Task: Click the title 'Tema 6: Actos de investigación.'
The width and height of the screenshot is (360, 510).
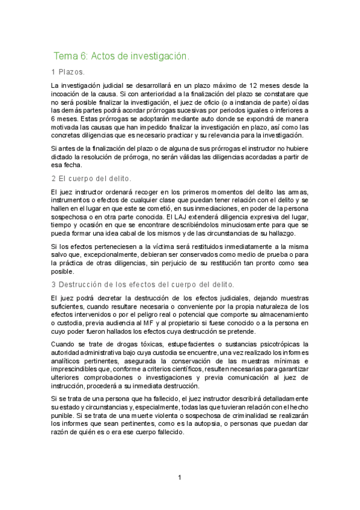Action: [121, 57]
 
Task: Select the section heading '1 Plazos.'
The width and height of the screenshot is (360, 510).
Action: [68, 72]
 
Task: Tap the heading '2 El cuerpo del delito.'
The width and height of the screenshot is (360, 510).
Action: [91, 179]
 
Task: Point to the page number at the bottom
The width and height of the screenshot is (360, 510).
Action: [179, 479]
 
